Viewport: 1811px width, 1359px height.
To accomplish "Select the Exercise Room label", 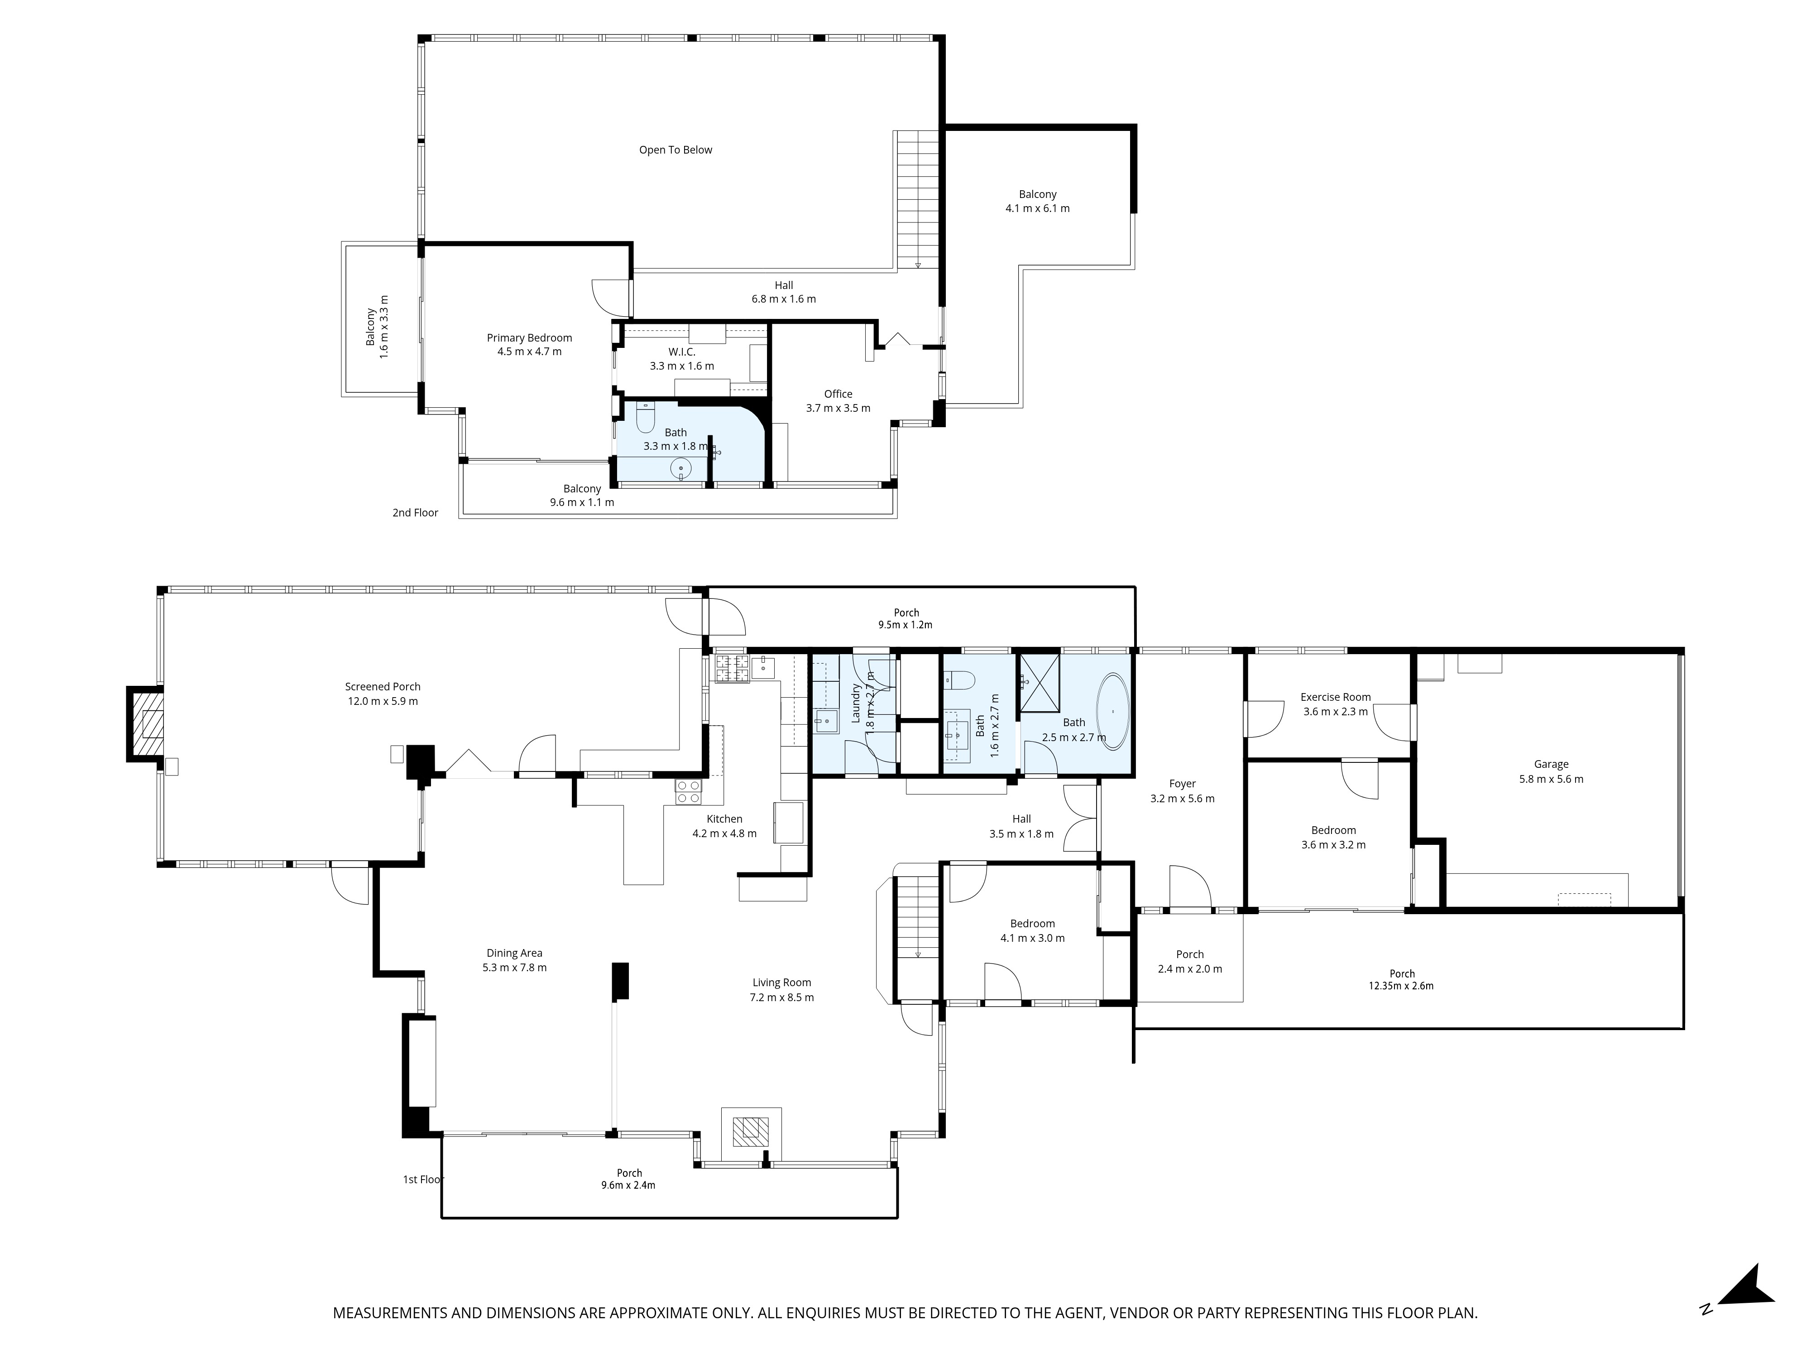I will click(x=1335, y=697).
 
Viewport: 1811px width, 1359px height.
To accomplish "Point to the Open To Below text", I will click(x=676, y=150).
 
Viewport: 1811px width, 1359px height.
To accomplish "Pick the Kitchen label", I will click(x=724, y=819).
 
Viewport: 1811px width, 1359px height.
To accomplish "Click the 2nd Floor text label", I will click(x=415, y=513).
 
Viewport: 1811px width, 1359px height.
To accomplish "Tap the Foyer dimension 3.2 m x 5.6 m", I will click(x=1182, y=799).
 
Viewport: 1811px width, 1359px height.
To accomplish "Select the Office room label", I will click(x=838, y=394).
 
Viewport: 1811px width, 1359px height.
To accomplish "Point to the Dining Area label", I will click(x=514, y=953).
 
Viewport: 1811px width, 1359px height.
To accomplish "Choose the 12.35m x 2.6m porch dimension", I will click(x=1402, y=986).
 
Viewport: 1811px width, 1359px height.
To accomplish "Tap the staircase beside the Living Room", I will click(x=916, y=917).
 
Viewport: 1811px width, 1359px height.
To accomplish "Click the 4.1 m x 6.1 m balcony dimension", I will click(x=1037, y=208).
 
